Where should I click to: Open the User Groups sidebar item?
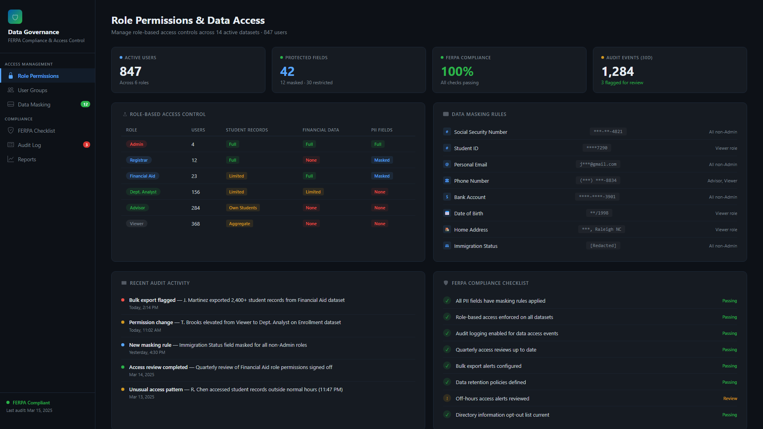point(32,90)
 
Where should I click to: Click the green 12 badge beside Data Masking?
point(85,104)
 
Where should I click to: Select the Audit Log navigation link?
point(29,145)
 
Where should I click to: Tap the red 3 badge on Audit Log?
point(86,145)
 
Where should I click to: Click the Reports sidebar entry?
point(27,159)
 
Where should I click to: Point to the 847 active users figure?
point(130,71)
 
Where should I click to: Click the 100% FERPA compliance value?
point(457,71)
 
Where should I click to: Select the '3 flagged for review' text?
point(622,83)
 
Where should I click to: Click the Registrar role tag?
point(139,160)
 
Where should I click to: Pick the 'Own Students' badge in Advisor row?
point(243,208)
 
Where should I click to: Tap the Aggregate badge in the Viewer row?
point(239,224)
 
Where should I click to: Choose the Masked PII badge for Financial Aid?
point(381,176)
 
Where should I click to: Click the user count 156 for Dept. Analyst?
point(196,192)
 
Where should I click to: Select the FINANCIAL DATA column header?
point(321,130)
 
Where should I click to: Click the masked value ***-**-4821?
point(608,131)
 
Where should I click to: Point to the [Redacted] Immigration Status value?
point(603,246)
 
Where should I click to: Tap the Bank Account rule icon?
point(447,197)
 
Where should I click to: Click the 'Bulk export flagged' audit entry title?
point(152,300)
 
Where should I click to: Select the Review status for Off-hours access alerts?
point(730,398)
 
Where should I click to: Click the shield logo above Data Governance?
point(15,17)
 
